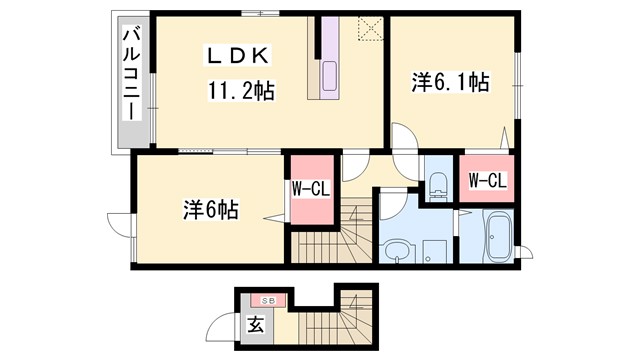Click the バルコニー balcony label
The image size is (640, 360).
(x=130, y=75)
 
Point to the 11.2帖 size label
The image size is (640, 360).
(x=241, y=90)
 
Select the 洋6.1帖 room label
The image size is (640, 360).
(x=450, y=83)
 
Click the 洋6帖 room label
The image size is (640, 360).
(x=210, y=211)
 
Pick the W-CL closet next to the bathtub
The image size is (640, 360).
(x=487, y=181)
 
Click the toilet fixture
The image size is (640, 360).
(x=437, y=183)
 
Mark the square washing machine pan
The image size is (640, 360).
(x=433, y=250)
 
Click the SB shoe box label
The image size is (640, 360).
(x=268, y=300)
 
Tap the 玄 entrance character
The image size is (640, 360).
(x=255, y=323)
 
